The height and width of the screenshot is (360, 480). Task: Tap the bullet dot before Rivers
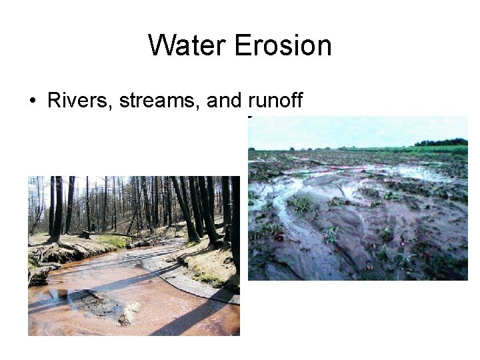click(32, 102)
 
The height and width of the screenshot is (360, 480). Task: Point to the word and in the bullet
click(225, 101)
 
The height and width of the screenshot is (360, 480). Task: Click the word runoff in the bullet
click(275, 101)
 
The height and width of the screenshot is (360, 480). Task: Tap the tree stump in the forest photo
click(85, 235)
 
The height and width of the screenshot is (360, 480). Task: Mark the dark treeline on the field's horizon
click(440, 142)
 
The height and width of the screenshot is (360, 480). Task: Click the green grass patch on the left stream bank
click(110, 240)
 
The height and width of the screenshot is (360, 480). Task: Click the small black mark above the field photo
click(249, 119)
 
